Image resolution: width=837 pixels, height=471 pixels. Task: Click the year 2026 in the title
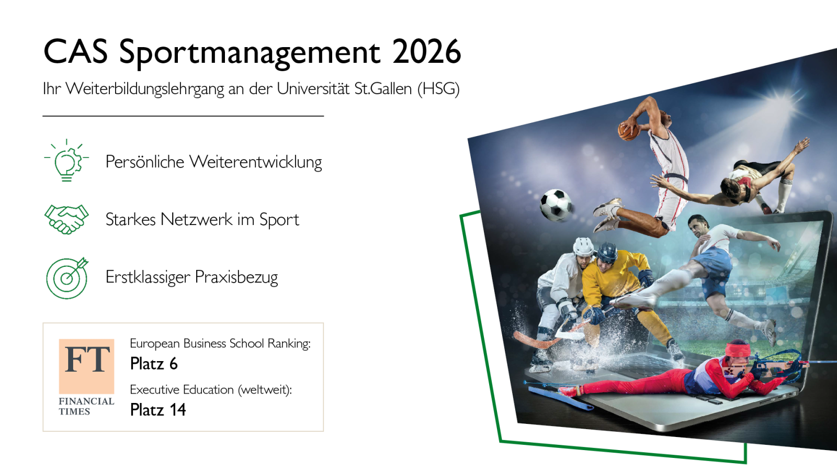point(427,52)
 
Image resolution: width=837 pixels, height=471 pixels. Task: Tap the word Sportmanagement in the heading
point(250,53)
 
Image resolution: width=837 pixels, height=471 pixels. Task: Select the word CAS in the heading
point(75,52)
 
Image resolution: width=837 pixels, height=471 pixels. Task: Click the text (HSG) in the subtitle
point(438,89)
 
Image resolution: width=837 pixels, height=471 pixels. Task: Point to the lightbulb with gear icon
point(66,160)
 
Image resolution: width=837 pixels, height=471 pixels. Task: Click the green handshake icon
point(66,219)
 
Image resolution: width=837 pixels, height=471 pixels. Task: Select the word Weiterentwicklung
point(256,162)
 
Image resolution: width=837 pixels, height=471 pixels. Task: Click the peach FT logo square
point(86,366)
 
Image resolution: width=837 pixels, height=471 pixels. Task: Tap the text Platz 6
point(154,364)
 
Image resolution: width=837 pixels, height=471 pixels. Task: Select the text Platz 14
point(157,410)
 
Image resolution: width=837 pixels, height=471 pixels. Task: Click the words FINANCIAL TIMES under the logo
point(86,406)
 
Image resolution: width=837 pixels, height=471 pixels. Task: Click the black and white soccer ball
point(556,205)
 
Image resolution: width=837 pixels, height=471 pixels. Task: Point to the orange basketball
point(628,131)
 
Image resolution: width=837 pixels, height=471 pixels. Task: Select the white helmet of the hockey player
point(583,246)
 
